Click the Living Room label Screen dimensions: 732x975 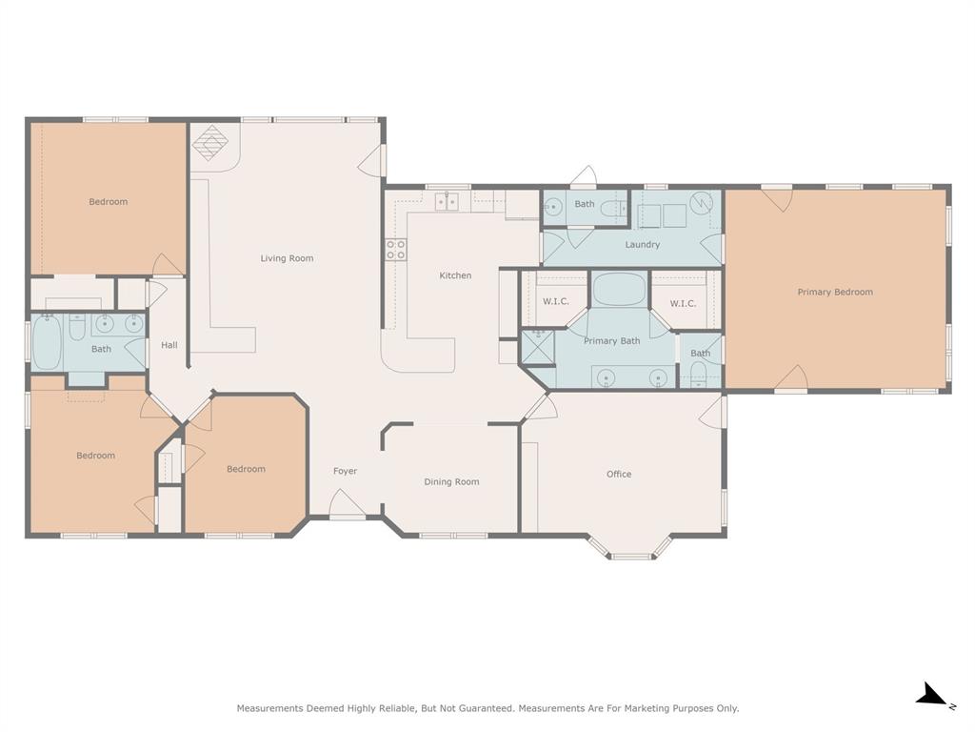pyautogui.click(x=287, y=258)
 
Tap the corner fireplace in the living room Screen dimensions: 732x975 pyautogui.click(x=210, y=143)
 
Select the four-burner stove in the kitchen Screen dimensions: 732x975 pyautogui.click(x=395, y=250)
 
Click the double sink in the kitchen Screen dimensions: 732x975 pyautogui.click(x=447, y=200)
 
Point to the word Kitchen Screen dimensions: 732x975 pyautogui.click(x=455, y=275)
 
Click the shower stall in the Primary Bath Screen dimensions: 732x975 pyautogui.click(x=537, y=347)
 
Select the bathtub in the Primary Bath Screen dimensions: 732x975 pyautogui.click(x=619, y=289)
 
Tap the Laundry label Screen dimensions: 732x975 pyautogui.click(x=643, y=245)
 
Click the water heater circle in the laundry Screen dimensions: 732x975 pyautogui.click(x=702, y=203)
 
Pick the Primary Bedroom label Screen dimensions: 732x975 pyautogui.click(x=835, y=292)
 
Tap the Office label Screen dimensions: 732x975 pyautogui.click(x=619, y=474)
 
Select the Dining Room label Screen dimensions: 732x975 pyautogui.click(x=451, y=481)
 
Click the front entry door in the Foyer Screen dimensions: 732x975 pyautogui.click(x=347, y=506)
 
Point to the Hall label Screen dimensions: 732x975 pyautogui.click(x=169, y=345)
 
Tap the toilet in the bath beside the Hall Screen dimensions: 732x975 pyautogui.click(x=78, y=327)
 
